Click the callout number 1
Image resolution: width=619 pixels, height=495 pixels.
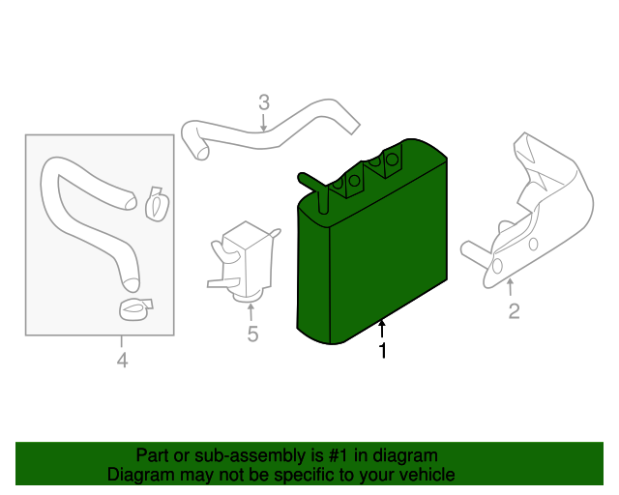pos(383,353)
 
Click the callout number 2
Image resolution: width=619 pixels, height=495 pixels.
pos(514,310)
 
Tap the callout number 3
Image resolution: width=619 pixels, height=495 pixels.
pos(263,102)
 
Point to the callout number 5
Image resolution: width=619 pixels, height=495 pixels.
pos(252,335)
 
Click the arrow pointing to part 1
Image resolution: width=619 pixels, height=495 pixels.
pos(382,330)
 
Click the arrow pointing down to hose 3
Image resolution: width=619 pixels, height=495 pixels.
pos(263,122)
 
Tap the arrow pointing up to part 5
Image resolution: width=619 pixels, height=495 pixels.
pos(251,311)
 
